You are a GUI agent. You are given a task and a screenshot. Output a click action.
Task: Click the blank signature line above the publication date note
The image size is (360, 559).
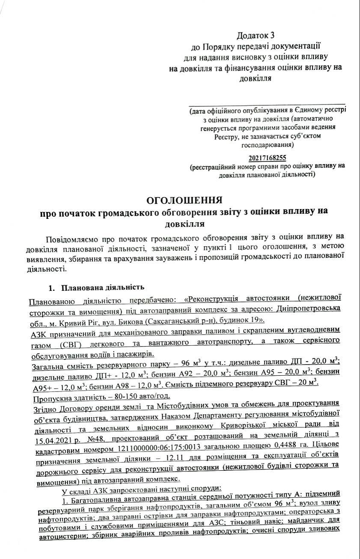[267, 103]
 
